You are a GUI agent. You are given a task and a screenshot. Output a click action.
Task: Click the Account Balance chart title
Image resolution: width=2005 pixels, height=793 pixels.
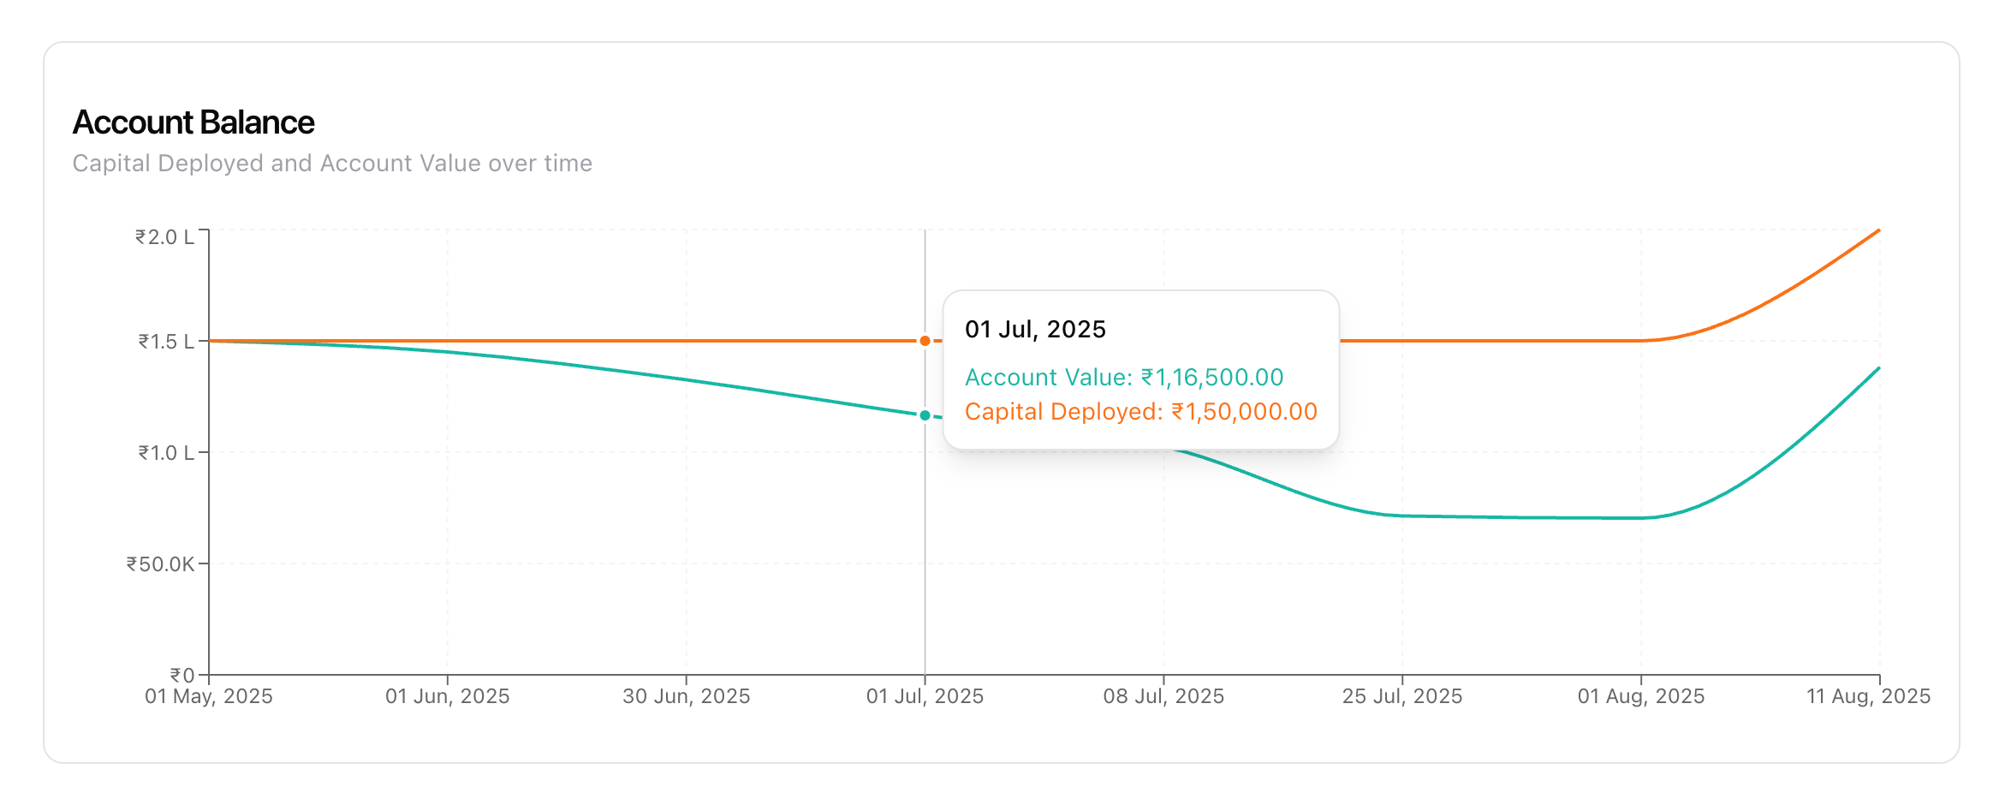pyautogui.click(x=193, y=122)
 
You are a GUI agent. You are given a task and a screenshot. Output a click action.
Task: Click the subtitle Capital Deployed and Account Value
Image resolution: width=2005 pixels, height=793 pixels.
pyautogui.click(x=332, y=163)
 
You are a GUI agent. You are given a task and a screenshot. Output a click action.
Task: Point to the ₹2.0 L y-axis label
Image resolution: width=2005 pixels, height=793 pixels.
pyautogui.click(x=164, y=236)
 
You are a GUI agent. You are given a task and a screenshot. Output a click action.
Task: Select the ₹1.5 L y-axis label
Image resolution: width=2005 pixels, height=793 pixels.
pyautogui.click(x=166, y=342)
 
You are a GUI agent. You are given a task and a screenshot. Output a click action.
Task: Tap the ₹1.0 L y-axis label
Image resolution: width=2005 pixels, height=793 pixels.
pyautogui.click(x=166, y=452)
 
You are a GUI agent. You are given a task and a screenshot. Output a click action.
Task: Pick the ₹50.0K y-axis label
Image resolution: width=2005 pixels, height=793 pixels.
pyautogui.click(x=160, y=563)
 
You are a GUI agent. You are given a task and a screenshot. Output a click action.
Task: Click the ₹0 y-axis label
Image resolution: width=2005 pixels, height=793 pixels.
pyautogui.click(x=181, y=675)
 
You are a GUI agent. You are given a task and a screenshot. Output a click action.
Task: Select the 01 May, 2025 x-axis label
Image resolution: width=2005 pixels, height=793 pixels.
pyautogui.click(x=208, y=696)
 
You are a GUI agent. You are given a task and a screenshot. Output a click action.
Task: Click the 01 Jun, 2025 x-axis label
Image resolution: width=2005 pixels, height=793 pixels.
pyautogui.click(x=447, y=696)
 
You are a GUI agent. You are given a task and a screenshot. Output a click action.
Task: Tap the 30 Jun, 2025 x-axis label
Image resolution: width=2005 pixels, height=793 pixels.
pyautogui.click(x=686, y=696)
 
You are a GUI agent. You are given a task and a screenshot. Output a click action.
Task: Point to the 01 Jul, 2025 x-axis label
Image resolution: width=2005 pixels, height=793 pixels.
pyautogui.click(x=925, y=696)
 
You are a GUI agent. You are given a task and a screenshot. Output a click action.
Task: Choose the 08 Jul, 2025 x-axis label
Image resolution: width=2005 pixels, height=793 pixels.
pyautogui.click(x=1163, y=696)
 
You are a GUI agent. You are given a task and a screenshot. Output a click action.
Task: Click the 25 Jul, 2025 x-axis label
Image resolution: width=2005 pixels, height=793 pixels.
pyautogui.click(x=1402, y=696)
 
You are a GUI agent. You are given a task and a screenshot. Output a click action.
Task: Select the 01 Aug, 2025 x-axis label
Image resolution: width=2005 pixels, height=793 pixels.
pyautogui.click(x=1641, y=696)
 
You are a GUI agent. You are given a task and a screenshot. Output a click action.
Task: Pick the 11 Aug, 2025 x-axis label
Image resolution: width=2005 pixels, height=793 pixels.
pyautogui.click(x=1868, y=696)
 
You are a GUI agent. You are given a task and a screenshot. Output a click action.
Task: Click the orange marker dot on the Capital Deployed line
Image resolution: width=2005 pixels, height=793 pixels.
pyautogui.click(x=925, y=341)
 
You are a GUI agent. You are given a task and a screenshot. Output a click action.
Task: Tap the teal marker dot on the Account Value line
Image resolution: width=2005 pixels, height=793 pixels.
pyautogui.click(x=925, y=415)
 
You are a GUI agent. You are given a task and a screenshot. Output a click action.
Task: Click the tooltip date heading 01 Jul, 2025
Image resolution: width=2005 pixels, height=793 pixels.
pyautogui.click(x=1035, y=329)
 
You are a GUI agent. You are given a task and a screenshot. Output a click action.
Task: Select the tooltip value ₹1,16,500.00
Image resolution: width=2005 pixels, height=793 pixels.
pyautogui.click(x=1212, y=377)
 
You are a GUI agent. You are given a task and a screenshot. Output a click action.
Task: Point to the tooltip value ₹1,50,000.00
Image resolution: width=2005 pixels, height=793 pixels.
pyautogui.click(x=1244, y=411)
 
